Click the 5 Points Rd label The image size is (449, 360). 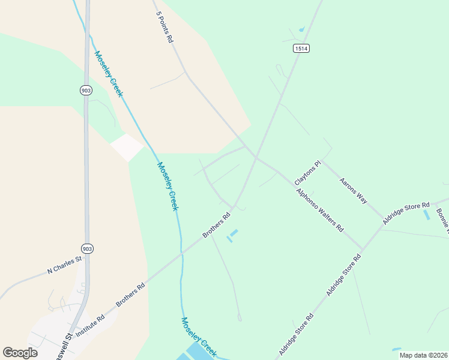click(x=164, y=26)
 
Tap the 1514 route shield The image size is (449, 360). click(x=301, y=49)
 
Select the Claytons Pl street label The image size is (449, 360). click(x=308, y=173)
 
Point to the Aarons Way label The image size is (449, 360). click(x=353, y=190)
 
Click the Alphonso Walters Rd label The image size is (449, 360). click(x=320, y=211)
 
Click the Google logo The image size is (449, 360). click(x=20, y=353)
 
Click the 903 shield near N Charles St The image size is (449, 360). click(x=87, y=248)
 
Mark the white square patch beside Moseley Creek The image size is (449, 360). click(x=127, y=147)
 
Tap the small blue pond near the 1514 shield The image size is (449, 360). click(x=301, y=28)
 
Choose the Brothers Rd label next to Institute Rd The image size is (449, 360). click(x=131, y=295)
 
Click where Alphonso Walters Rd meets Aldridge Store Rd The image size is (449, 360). click(x=363, y=248)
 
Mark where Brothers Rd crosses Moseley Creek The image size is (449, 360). click(x=181, y=254)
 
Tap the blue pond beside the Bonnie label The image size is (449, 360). click(x=427, y=214)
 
